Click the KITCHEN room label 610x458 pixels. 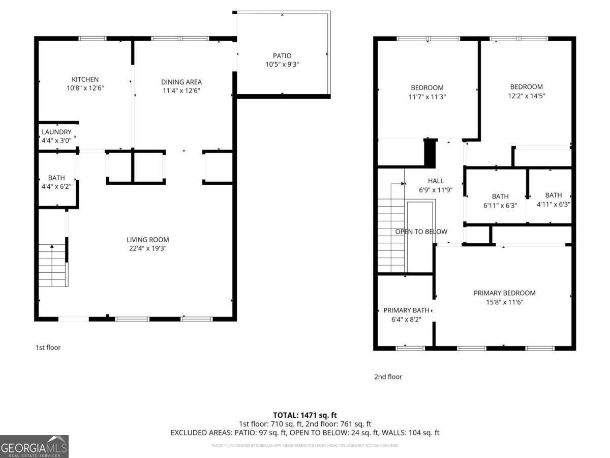(x=85, y=79)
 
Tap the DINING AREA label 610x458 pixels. (x=181, y=82)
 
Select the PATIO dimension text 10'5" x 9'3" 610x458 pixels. (x=282, y=65)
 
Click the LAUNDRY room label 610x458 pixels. (x=56, y=132)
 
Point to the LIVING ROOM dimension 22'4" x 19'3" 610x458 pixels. (x=147, y=248)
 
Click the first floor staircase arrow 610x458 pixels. (x=52, y=247)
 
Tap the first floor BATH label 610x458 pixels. (x=56, y=178)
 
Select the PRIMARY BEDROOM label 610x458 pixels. (x=504, y=293)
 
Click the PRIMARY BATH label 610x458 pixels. (x=406, y=310)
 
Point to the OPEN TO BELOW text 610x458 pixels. (x=421, y=232)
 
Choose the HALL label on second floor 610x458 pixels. (x=436, y=181)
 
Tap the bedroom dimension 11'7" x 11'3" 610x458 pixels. (x=427, y=96)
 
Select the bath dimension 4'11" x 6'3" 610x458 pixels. (x=554, y=204)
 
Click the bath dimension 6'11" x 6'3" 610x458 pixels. (x=500, y=205)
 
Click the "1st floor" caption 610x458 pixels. (x=48, y=348)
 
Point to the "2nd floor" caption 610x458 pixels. (x=388, y=377)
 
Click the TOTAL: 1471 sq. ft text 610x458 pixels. (x=305, y=415)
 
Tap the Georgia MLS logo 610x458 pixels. (x=34, y=446)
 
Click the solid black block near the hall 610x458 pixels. (x=430, y=152)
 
